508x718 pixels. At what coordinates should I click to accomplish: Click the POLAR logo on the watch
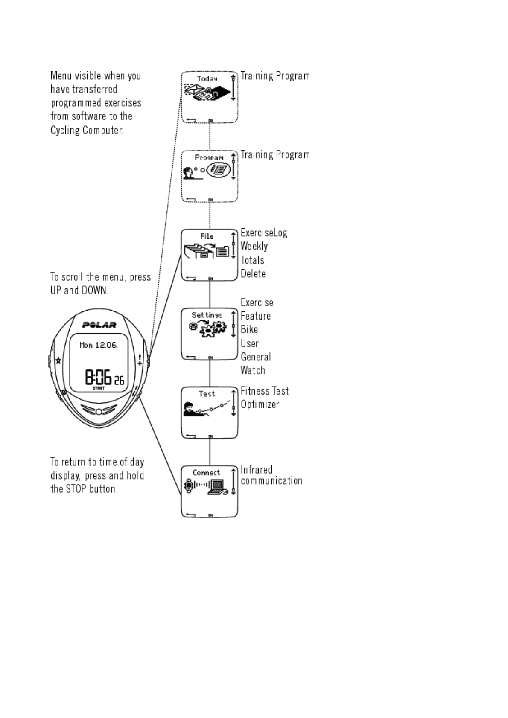pyautogui.click(x=99, y=325)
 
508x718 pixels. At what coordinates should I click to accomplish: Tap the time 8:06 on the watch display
pyautogui.click(x=98, y=378)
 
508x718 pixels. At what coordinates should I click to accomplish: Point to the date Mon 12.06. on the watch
pyautogui.click(x=98, y=345)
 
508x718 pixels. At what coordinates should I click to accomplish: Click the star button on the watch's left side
pyautogui.click(x=58, y=360)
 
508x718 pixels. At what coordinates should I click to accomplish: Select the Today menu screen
pyautogui.click(x=209, y=97)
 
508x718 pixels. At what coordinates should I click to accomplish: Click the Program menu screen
pyautogui.click(x=209, y=176)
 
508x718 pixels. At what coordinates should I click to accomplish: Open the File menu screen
pyautogui.click(x=209, y=255)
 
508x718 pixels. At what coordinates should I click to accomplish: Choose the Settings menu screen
pyautogui.click(x=209, y=334)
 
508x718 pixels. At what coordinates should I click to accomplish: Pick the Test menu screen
pyautogui.click(x=209, y=413)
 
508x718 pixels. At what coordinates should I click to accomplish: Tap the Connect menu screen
pyautogui.click(x=209, y=491)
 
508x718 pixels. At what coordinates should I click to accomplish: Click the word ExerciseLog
pyautogui.click(x=264, y=233)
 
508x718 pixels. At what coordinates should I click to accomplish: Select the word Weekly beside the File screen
pyautogui.click(x=254, y=247)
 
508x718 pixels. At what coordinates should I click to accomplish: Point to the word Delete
pyautogui.click(x=253, y=274)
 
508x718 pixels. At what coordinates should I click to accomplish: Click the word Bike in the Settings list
pyautogui.click(x=249, y=330)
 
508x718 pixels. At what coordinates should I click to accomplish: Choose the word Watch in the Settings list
pyautogui.click(x=253, y=371)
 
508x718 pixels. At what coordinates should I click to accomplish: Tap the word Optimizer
pyautogui.click(x=260, y=405)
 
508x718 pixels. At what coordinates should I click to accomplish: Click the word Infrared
pyautogui.click(x=256, y=470)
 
